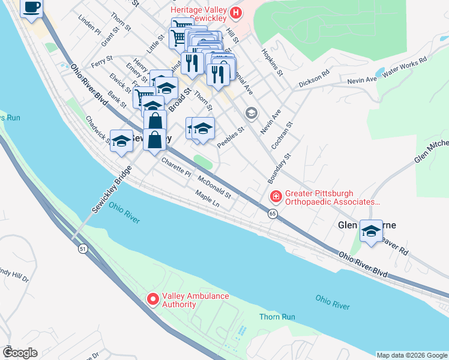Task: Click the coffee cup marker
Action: point(32,8)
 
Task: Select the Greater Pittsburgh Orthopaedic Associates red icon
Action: point(276,196)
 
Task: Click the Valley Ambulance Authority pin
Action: point(152,298)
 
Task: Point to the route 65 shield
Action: point(273,214)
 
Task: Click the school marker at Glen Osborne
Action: point(371,232)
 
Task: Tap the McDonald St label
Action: point(214,187)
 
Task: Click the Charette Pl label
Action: point(175,169)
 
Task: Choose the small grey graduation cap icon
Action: point(250,113)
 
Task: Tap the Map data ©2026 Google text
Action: point(411,355)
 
